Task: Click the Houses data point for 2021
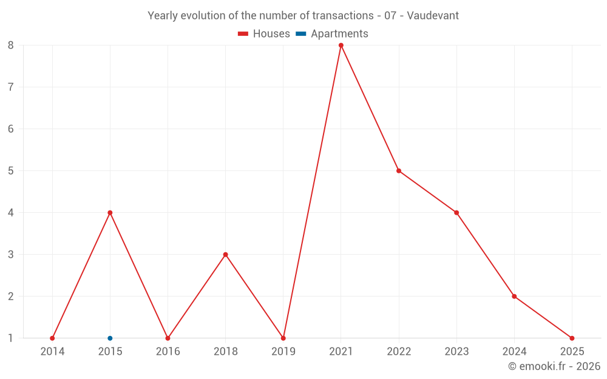341,45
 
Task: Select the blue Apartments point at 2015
110,338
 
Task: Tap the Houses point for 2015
110,213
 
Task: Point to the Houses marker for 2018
226,255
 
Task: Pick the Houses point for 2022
399,171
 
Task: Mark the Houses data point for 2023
456,213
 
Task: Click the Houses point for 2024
514,297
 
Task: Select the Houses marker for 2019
283,338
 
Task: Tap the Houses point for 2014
52,338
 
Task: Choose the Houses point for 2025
572,338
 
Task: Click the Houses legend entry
263,33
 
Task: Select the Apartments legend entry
332,33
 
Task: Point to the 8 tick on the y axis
10,45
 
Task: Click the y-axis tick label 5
10,171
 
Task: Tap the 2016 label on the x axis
168,352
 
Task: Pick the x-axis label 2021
341,352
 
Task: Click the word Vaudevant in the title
433,16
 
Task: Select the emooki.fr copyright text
554,366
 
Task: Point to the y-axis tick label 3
10,255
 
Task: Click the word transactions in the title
342,16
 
